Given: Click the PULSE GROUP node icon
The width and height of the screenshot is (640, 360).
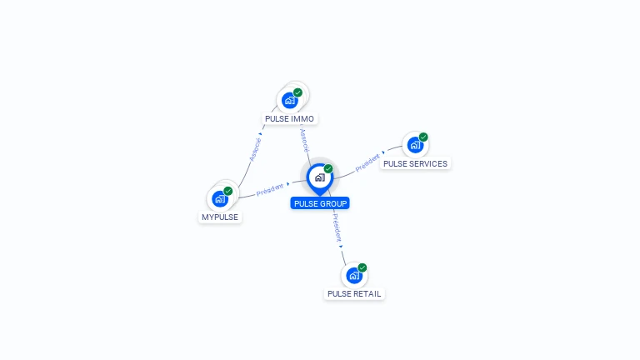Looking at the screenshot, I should point(319,177).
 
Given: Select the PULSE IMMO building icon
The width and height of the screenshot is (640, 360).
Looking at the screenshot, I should point(289,101).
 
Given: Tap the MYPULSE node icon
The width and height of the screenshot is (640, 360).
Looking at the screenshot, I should point(220,198).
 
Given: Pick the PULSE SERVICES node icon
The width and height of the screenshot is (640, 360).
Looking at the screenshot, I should point(415,145).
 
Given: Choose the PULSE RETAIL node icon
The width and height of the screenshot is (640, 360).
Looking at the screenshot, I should point(354,275).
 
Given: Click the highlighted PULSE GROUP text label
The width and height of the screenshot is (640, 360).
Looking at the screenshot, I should point(320,203).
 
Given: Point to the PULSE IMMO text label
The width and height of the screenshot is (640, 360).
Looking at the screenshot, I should point(289,119).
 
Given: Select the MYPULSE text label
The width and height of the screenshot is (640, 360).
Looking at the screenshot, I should point(220,217).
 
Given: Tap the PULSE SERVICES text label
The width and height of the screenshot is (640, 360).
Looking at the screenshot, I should point(415,164).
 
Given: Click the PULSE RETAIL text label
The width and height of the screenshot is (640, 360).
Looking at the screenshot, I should point(354,294).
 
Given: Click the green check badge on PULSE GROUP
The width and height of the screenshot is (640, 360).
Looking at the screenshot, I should point(328,169).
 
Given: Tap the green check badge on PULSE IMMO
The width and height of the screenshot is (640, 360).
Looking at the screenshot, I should point(297,92).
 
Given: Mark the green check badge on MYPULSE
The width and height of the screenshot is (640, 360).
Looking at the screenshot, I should point(228,191).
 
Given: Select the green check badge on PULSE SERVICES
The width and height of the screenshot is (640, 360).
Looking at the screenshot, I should point(423,137).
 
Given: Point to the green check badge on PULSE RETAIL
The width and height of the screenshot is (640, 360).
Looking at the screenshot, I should point(362,267).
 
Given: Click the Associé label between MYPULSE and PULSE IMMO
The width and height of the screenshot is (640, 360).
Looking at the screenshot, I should point(255,148).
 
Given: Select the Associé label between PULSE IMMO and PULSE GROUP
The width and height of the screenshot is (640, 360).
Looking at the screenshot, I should point(305,139).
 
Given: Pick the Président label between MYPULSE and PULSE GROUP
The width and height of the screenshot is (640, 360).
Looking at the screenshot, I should point(270,189).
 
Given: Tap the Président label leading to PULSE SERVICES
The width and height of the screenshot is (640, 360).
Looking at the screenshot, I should point(367,162).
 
